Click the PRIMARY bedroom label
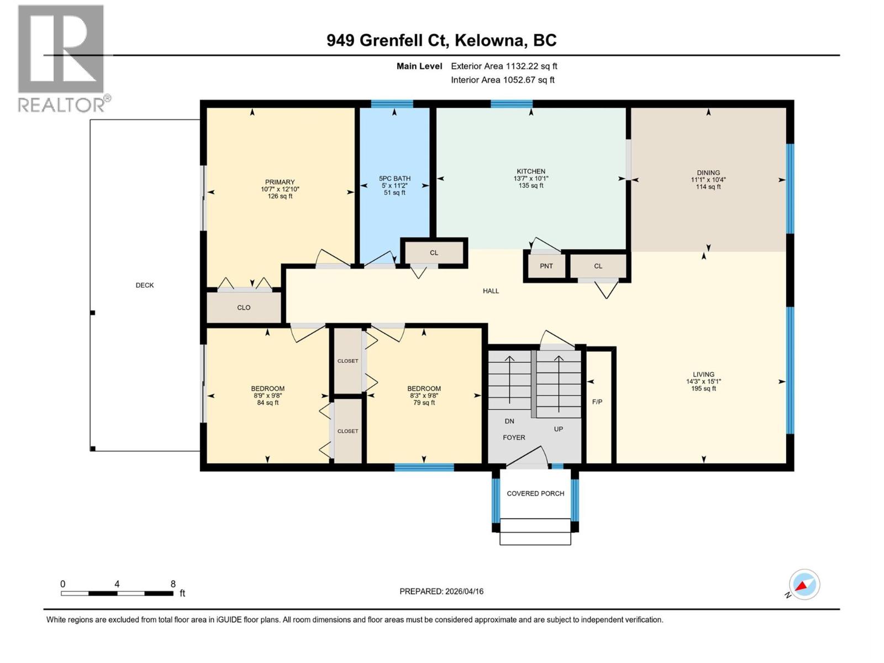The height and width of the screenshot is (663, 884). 280,182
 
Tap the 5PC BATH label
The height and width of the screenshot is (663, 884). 394,178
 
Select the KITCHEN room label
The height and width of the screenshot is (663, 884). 531,171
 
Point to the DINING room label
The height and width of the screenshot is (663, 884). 708,173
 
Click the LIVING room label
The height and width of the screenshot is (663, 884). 703,375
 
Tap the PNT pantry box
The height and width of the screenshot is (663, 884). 546,266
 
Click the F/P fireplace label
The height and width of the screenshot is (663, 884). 597,402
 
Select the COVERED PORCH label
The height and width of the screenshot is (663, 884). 535,493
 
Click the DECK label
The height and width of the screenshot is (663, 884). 145,285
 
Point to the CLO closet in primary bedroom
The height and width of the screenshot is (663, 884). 244,308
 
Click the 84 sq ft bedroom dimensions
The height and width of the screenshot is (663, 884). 267,396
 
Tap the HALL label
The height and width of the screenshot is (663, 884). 491,291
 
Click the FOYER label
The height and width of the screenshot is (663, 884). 514,437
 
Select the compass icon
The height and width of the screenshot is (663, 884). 804,585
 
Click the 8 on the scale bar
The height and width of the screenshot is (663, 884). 173,584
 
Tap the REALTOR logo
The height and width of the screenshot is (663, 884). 61,58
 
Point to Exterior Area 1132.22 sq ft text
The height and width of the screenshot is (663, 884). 504,66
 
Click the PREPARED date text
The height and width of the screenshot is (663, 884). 441,591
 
